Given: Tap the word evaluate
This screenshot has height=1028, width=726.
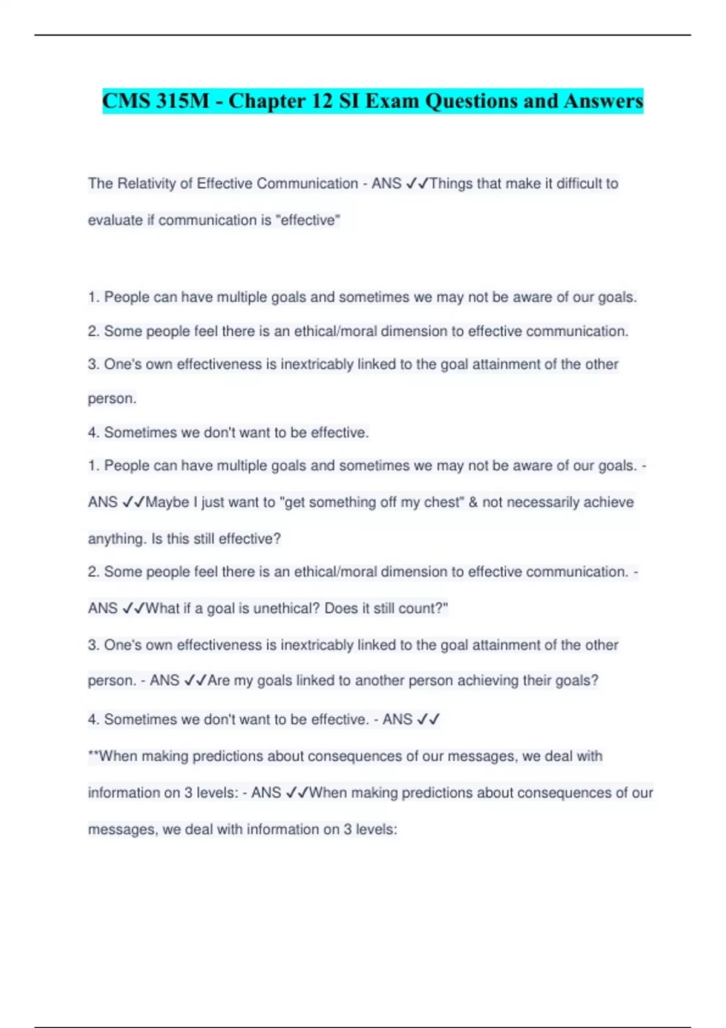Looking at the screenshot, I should click(115, 220).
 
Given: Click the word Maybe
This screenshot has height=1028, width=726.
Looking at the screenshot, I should click(166, 502).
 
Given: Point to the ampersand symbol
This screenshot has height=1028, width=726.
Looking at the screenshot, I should click(473, 502).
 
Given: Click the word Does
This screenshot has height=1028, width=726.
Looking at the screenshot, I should click(341, 608).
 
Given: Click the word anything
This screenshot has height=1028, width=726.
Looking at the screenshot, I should click(117, 539).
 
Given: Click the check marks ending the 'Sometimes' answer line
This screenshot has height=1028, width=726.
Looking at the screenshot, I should click(428, 720).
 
